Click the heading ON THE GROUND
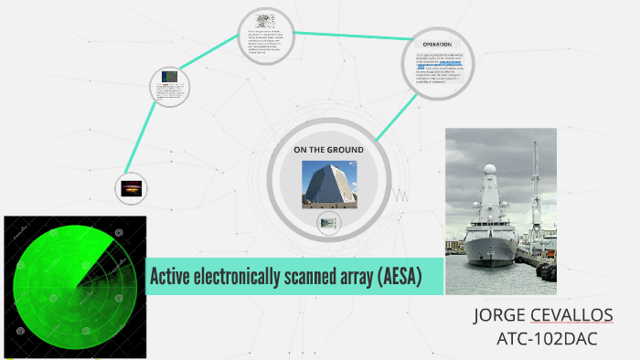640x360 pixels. (x=328, y=150)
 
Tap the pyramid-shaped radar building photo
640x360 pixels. (x=328, y=183)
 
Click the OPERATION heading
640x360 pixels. (x=437, y=44)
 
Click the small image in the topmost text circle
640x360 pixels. (x=266, y=20)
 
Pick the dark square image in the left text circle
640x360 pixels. (x=169, y=79)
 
